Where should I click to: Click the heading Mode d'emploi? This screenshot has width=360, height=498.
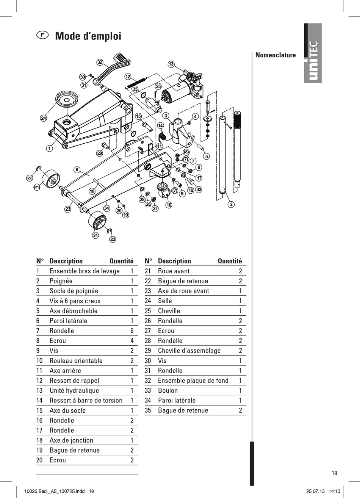[x=88, y=36]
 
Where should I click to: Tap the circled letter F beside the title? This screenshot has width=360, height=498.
[x=42, y=35]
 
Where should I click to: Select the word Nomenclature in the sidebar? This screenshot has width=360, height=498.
[x=275, y=55]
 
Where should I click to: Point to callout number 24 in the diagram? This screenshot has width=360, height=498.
[x=44, y=118]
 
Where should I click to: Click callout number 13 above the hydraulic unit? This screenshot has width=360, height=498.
[x=171, y=64]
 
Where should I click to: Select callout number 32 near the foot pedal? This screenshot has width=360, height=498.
[x=100, y=62]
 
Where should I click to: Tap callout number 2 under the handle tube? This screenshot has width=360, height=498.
[x=231, y=205]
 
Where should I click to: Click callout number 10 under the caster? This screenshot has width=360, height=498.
[x=169, y=205]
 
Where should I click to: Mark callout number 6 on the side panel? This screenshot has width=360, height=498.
[x=77, y=169]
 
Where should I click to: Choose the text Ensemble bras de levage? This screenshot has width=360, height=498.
[x=85, y=271]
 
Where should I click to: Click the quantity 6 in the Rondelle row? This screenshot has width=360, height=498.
[x=132, y=331]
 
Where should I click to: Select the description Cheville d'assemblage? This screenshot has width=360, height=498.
[x=189, y=351]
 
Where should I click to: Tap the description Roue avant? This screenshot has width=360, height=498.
[x=174, y=271]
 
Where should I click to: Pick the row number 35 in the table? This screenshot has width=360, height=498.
[x=148, y=410]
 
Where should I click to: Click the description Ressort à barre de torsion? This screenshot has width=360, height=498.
[x=86, y=401]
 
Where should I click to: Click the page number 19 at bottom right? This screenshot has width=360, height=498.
[x=334, y=473]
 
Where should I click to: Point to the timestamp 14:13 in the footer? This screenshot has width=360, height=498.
[x=334, y=492]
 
